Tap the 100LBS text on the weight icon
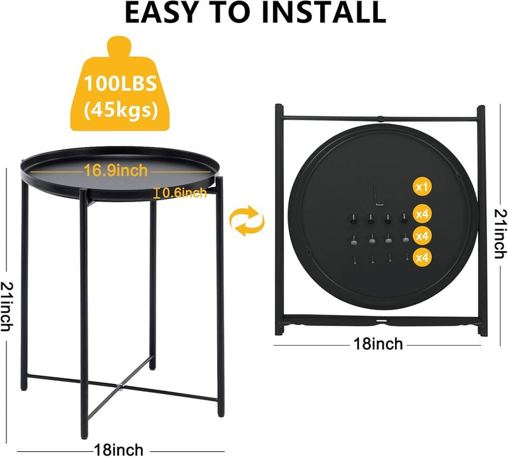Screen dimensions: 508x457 [120, 83]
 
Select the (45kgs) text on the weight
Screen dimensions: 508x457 [121, 110]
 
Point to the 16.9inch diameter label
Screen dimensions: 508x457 [116, 170]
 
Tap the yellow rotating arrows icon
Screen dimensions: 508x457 [247, 220]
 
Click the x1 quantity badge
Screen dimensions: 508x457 [422, 187]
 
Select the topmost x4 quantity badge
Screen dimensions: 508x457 [422, 214]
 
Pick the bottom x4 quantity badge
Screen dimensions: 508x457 [422, 257]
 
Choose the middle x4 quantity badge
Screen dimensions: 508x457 [422, 236]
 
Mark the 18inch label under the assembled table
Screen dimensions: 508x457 [118, 450]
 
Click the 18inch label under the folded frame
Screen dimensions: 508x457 [378, 344]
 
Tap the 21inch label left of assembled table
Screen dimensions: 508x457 [7, 306]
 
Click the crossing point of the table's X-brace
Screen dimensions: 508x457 [119, 386]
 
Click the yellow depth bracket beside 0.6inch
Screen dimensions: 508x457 [157, 193]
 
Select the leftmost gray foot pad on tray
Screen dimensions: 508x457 [354, 241]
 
